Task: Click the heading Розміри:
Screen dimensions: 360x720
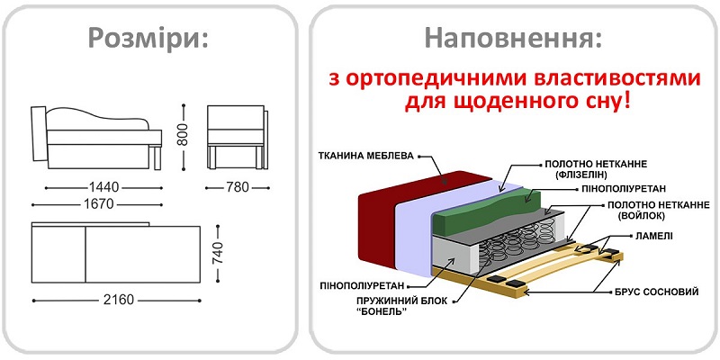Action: coord(148,39)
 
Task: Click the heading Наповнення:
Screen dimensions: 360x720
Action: coord(514,39)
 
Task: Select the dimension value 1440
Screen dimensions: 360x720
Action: coord(105,187)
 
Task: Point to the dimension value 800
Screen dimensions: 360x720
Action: coord(184,136)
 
